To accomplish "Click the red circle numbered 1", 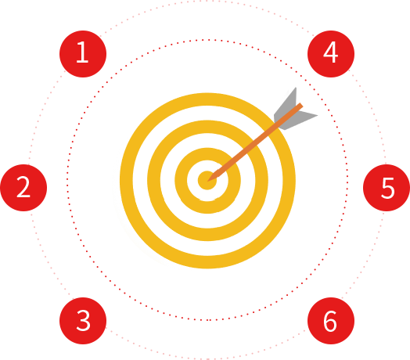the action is (83, 54).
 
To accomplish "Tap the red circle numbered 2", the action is (23, 188).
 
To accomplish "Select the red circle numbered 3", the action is (83, 321).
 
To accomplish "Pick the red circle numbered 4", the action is (331, 54).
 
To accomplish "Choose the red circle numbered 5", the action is (387, 188).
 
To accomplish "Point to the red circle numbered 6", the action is (331, 321).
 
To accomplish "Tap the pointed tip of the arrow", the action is (207, 181).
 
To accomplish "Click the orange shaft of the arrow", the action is (255, 142).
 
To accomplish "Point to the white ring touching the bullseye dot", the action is (193, 181).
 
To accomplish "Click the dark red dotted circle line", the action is (68, 181).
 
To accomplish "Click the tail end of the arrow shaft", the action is (301, 105).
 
